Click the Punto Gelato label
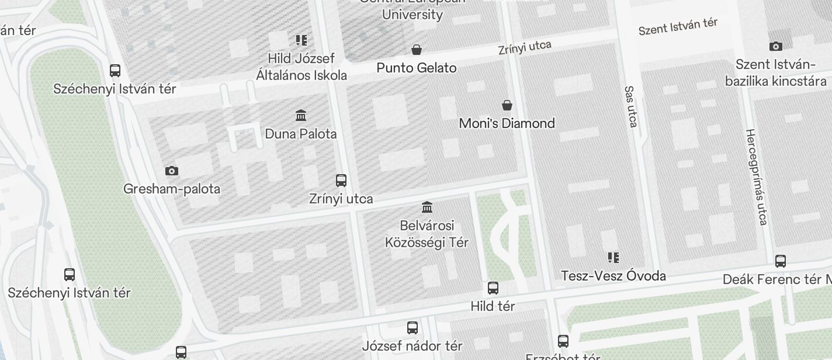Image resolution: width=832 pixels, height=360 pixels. click(416, 68)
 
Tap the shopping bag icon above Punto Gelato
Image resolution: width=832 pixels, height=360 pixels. click(417, 49)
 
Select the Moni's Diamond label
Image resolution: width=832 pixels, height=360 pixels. click(507, 123)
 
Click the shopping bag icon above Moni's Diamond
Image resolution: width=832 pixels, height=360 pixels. click(507, 105)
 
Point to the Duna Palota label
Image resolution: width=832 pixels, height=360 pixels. click(301, 134)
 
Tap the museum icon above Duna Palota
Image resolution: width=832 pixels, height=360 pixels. click(301, 115)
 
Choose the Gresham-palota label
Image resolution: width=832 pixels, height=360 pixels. click(172, 189)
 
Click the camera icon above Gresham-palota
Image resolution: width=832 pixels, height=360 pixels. click(172, 171)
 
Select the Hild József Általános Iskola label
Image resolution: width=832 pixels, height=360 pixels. click(301, 67)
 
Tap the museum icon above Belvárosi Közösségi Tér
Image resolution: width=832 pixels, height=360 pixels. click(427, 207)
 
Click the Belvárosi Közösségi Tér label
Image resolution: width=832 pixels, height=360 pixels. click(427, 234)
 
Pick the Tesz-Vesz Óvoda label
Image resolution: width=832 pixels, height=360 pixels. click(613, 276)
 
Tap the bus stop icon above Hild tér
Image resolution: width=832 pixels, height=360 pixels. click(493, 288)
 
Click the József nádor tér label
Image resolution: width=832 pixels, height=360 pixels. click(412, 346)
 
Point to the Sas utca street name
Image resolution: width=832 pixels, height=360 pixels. click(630, 106)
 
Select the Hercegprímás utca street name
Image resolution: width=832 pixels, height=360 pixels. click(756, 176)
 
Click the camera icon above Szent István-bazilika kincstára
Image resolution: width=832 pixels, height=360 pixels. click(776, 46)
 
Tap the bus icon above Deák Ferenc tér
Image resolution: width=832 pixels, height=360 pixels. click(781, 261)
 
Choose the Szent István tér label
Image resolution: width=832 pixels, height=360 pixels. click(678, 26)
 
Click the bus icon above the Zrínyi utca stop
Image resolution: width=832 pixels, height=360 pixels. click(341, 180)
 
